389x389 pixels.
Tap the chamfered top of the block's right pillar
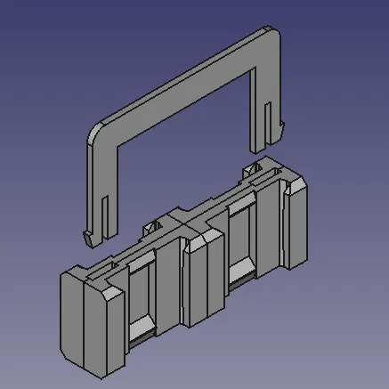pos(297,183)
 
